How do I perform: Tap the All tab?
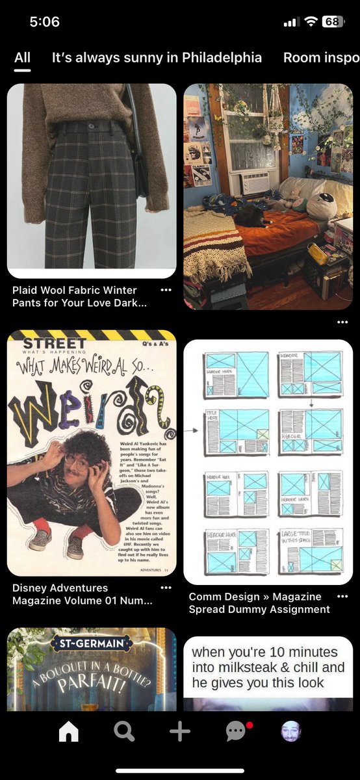coord(22,57)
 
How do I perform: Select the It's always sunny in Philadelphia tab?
coord(157,57)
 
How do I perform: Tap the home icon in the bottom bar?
coord(68,732)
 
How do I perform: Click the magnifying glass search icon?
coord(124,732)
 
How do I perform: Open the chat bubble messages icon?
coord(235,732)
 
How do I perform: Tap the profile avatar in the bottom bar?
coord(290,732)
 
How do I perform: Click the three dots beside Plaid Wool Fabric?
coord(166,290)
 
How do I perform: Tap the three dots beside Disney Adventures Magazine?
coord(166,588)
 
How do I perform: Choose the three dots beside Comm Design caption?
coord(342,596)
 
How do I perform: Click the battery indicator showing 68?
coord(333,21)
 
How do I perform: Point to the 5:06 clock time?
coord(44,21)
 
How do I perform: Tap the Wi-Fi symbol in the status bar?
coord(311,21)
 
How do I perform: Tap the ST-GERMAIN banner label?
coord(92,644)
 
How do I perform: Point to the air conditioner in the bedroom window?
coord(254,183)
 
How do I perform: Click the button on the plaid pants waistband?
coord(91,124)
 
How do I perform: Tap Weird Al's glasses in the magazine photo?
coord(77,460)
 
